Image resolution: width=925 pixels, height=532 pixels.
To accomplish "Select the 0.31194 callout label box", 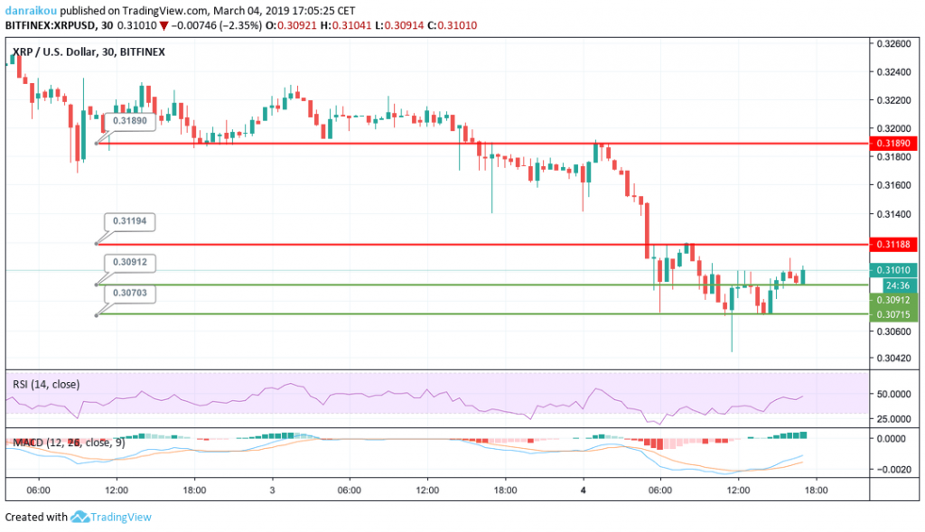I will point(129,220).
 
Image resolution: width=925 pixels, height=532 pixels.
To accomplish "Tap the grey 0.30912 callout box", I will point(129,262).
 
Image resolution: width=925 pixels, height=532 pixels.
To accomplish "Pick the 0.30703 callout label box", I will point(129,293).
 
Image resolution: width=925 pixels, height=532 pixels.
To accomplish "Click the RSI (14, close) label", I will point(45,385).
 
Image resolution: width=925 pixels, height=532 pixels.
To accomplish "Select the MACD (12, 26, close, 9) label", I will point(67,443).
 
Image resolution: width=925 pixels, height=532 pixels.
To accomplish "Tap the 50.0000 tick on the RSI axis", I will point(893,395).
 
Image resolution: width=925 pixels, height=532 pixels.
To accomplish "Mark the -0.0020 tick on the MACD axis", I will point(893,470).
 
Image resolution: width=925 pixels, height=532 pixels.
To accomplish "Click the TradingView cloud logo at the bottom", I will point(79,517).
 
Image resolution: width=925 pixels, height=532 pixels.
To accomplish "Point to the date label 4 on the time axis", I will point(583,490).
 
